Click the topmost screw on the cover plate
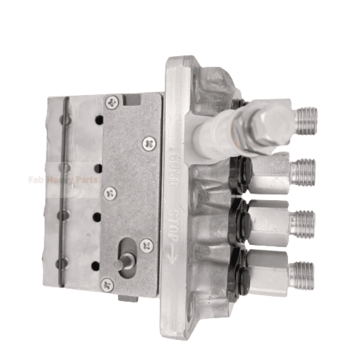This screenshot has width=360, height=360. pos(112,102)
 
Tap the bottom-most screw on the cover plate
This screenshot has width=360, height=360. pos(107,285)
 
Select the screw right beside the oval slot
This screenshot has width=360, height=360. pos(147,245)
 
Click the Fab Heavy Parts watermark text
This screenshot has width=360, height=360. pos(63,180)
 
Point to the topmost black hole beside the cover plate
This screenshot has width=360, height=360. pos(99,120)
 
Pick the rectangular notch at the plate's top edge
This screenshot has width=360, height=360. pos(132,100)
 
